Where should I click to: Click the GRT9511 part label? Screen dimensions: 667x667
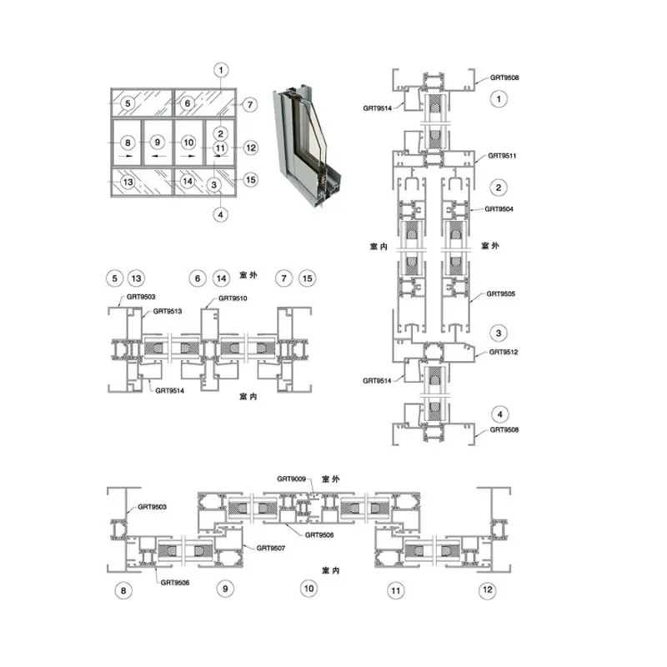(x=502, y=156)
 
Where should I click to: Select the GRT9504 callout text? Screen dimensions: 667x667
(x=499, y=209)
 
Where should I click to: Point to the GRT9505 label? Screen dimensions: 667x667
(x=501, y=294)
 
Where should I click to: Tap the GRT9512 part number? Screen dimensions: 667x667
(x=504, y=352)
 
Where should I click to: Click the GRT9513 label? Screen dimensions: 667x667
(x=168, y=311)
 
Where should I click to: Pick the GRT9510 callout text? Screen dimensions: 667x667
(x=233, y=298)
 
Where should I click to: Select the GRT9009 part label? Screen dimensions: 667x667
(x=291, y=479)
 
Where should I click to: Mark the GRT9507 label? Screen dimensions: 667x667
(x=270, y=548)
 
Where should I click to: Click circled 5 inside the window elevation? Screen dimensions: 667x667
(x=128, y=103)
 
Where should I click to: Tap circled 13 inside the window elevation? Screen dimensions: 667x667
(x=128, y=182)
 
